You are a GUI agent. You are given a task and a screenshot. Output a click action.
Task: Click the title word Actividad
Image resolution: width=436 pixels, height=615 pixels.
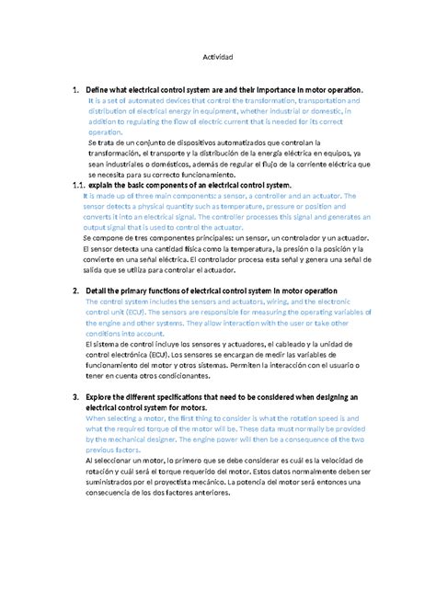pos(218,57)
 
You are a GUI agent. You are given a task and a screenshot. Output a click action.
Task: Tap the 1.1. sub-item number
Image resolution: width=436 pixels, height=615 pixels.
pos(64,185)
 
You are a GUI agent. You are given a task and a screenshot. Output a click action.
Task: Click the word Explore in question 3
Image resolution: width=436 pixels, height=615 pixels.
pos(102,396)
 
